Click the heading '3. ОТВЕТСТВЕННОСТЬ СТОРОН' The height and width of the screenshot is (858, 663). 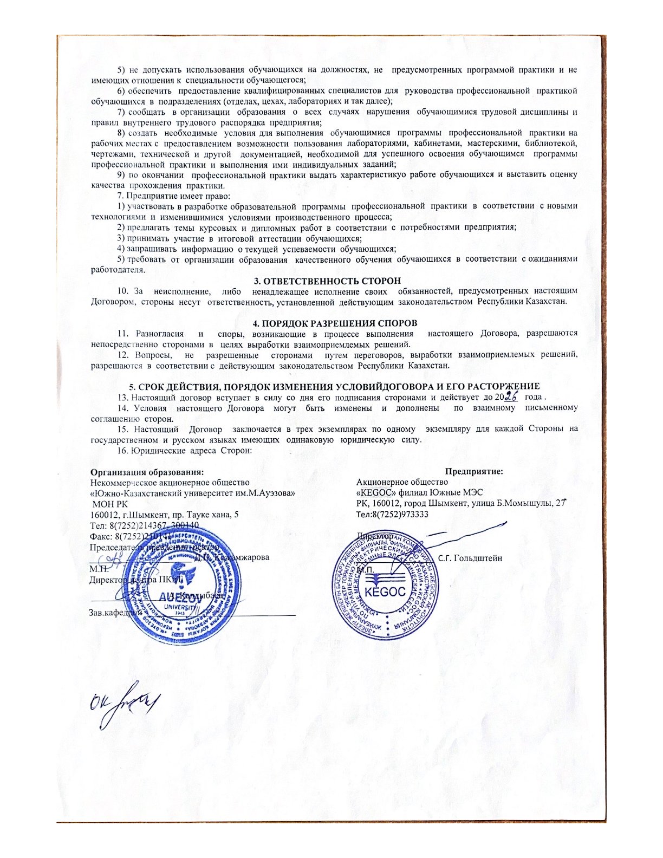(x=328, y=281)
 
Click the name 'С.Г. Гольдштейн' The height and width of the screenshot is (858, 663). (x=470, y=557)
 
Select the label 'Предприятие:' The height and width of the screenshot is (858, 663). (x=474, y=472)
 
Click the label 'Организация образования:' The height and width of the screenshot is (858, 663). (x=147, y=472)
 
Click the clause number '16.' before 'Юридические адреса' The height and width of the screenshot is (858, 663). (x=123, y=450)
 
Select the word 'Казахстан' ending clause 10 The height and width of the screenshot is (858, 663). (x=545, y=301)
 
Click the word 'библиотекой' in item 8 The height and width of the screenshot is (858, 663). (x=556, y=143)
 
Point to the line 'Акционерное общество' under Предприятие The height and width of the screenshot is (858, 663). (x=402, y=482)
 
